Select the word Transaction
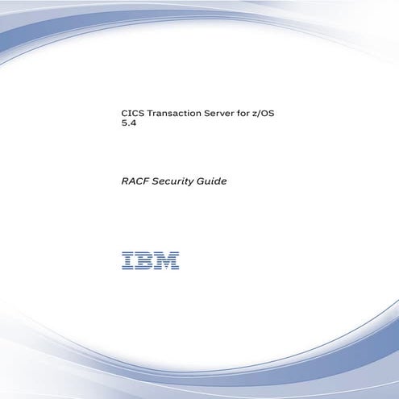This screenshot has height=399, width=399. tap(177, 116)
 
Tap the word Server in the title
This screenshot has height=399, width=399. tap(227, 116)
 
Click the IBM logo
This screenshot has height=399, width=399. tap(151, 260)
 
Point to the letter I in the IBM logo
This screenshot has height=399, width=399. tap(127, 260)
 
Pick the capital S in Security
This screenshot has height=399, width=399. tap(154, 181)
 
